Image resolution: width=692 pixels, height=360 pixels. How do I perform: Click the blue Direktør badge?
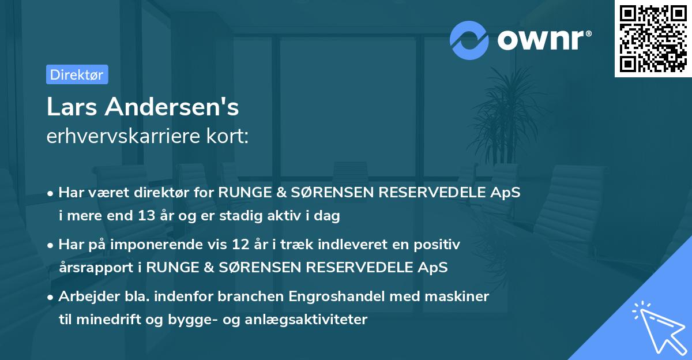77,74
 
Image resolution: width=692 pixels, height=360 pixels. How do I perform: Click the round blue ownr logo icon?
469,40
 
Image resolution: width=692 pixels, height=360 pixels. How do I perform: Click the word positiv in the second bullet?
440,245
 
